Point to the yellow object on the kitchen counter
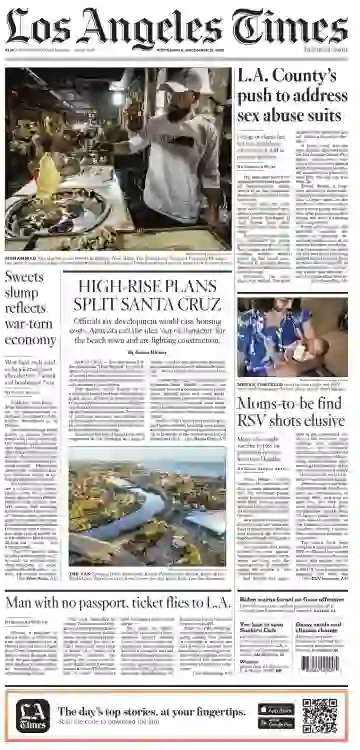pos(48,175)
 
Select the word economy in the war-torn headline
pos(30,340)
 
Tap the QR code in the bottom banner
pos(321,715)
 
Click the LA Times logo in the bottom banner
pos(33,716)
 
